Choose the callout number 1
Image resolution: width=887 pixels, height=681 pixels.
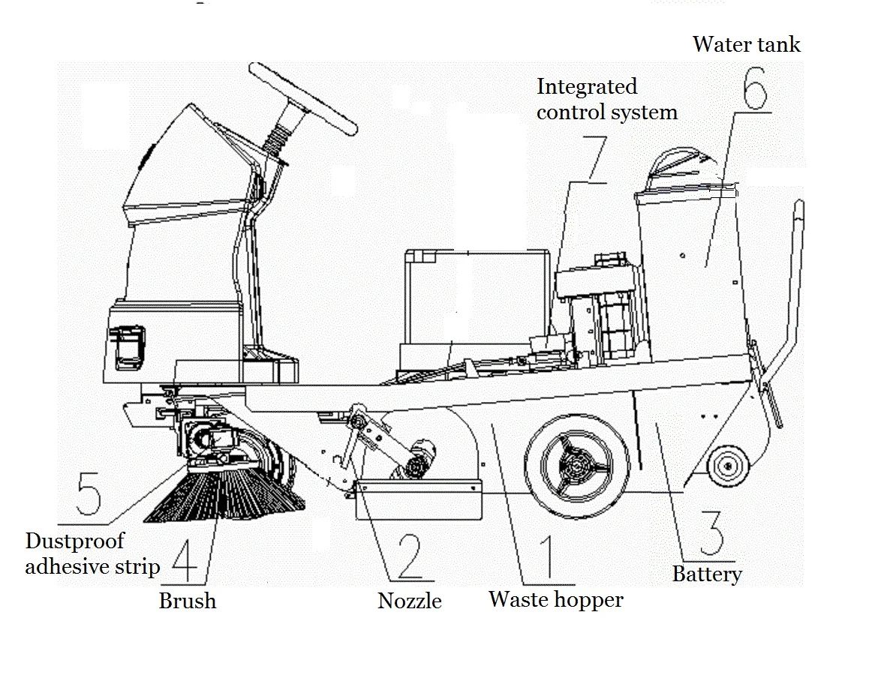click(x=546, y=556)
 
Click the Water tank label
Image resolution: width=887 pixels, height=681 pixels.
click(x=746, y=44)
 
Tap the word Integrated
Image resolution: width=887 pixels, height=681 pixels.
click(x=587, y=87)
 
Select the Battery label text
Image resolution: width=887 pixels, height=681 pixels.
click(x=706, y=574)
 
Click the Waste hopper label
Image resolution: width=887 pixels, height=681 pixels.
click(x=555, y=599)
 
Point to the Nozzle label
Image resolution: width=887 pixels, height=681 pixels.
click(x=409, y=601)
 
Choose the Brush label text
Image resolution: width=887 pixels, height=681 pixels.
click(x=187, y=601)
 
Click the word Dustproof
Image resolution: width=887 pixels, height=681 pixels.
click(x=74, y=541)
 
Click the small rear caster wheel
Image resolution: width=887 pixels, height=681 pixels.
click(x=726, y=466)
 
